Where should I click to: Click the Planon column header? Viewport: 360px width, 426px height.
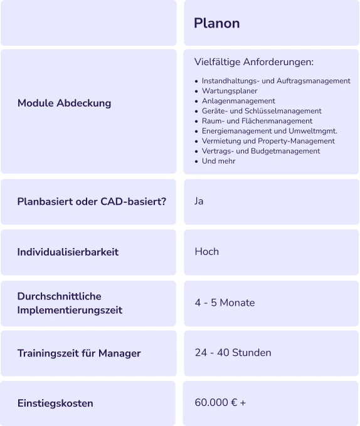pyautogui.click(x=217, y=23)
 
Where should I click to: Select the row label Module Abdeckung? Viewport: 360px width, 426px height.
pyautogui.click(x=64, y=103)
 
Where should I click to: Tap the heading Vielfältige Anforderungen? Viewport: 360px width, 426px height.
pyautogui.click(x=254, y=62)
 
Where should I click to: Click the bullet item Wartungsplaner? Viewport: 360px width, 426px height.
pyautogui.click(x=230, y=91)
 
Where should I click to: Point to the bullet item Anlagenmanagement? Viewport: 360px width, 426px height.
pyautogui.click(x=238, y=101)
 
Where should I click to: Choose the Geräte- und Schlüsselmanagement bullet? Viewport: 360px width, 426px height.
pyautogui.click(x=262, y=111)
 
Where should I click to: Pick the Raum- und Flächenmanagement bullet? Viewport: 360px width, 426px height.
pyautogui.click(x=257, y=121)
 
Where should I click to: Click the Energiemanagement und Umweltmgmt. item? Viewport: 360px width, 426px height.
pyautogui.click(x=270, y=131)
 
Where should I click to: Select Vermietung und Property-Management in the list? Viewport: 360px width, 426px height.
pyautogui.click(x=268, y=141)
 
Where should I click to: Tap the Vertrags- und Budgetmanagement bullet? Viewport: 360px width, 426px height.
pyautogui.click(x=261, y=151)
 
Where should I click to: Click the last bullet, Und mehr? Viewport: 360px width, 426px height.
pyautogui.click(x=219, y=161)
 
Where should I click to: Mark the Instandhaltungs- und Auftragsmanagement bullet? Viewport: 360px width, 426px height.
pyautogui.click(x=276, y=81)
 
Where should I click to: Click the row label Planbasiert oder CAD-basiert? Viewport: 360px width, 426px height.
pyautogui.click(x=92, y=202)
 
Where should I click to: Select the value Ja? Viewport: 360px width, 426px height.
pyautogui.click(x=199, y=201)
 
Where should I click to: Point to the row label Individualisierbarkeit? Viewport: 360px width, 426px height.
pyautogui.click(x=68, y=252)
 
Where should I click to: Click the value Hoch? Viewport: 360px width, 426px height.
pyautogui.click(x=206, y=252)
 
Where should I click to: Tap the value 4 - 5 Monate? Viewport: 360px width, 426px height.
pyautogui.click(x=225, y=303)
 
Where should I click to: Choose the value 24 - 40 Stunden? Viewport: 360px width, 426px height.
pyautogui.click(x=233, y=353)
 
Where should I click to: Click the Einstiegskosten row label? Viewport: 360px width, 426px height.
pyautogui.click(x=55, y=403)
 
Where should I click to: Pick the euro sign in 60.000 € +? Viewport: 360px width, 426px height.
pyautogui.click(x=234, y=402)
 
